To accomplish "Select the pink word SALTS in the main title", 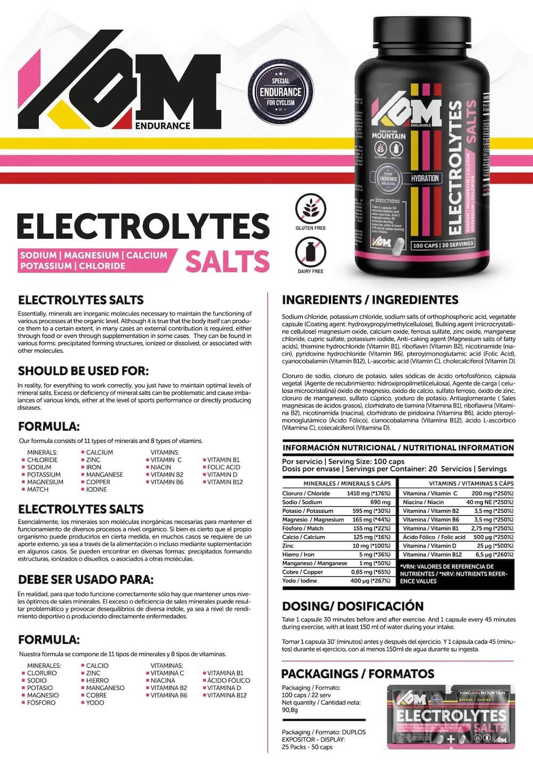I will (227, 260).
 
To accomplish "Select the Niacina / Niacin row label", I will (424, 502).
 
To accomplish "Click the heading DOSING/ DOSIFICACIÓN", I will (352, 606).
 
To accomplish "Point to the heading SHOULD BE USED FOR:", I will (84, 371).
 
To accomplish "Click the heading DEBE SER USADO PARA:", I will (86, 579).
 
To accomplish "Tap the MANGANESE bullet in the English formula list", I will (104, 474).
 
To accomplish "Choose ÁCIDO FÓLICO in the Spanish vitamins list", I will (229, 680).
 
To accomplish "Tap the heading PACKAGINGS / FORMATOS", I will (358, 674).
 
